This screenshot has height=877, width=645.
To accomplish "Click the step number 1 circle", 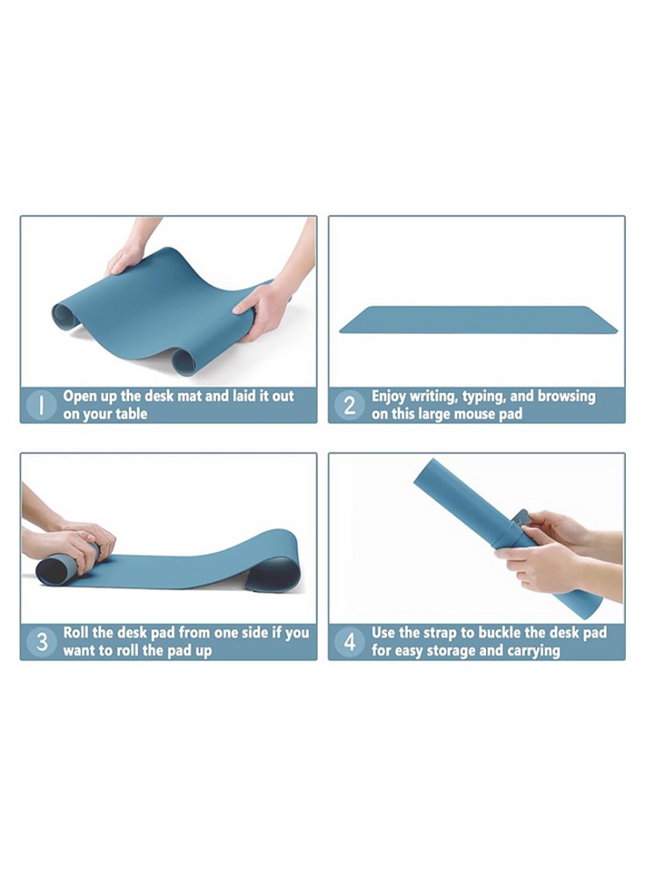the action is pos(41,405).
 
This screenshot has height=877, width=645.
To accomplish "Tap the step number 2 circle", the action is pos(349,405).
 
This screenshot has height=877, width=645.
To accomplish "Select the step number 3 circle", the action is pos(41,642).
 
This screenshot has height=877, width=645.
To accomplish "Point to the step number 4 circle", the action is pos(349,642).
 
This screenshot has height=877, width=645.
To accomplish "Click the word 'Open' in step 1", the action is pos(79,396).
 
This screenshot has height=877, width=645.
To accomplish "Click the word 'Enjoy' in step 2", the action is pos(389,396).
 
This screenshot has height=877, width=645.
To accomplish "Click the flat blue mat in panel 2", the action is pos(478,320).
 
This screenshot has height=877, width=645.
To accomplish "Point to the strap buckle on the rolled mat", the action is pos(521,518).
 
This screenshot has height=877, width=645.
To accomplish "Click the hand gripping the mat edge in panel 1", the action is pos(264,310).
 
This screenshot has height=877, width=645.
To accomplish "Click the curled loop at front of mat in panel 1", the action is pos(183,361).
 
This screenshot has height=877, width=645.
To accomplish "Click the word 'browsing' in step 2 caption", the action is pos(566,396).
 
